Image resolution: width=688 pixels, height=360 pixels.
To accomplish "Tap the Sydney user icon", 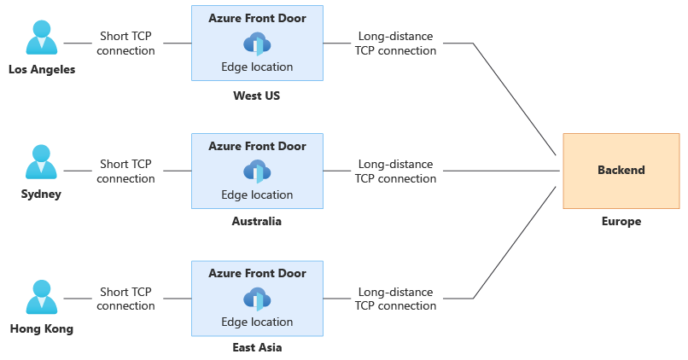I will click(x=41, y=165).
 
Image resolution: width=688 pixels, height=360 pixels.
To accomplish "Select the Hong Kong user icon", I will click(x=41, y=297).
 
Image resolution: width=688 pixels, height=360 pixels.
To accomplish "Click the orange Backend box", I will click(x=621, y=171).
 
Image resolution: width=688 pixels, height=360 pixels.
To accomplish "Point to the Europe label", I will click(x=621, y=221).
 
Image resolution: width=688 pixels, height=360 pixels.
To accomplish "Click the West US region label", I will click(x=256, y=96).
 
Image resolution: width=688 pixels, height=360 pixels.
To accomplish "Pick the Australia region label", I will click(x=256, y=221).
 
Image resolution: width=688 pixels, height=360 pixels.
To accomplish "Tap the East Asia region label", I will click(x=257, y=347).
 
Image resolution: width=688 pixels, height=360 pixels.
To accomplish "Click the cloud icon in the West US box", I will click(x=257, y=44).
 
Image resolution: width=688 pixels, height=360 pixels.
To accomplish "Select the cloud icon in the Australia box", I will click(x=257, y=171).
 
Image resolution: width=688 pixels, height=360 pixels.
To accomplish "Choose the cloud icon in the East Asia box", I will click(x=257, y=299).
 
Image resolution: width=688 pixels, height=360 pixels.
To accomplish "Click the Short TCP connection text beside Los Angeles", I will click(x=125, y=44).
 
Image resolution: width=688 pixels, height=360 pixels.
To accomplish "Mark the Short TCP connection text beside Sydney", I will click(x=125, y=171).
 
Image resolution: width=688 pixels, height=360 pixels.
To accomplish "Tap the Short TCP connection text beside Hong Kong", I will click(x=125, y=299).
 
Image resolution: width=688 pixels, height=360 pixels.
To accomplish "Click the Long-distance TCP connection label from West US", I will click(x=395, y=44).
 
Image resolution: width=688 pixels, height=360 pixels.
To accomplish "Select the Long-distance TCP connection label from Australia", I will click(x=395, y=171).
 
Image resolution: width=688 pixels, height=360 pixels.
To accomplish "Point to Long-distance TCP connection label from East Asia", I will click(x=395, y=299).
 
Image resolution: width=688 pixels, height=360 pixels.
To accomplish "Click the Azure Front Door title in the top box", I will click(x=257, y=17).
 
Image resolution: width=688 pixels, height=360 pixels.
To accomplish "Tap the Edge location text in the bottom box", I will click(x=257, y=322).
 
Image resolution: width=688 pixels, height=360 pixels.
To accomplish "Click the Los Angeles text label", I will click(x=42, y=70).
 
